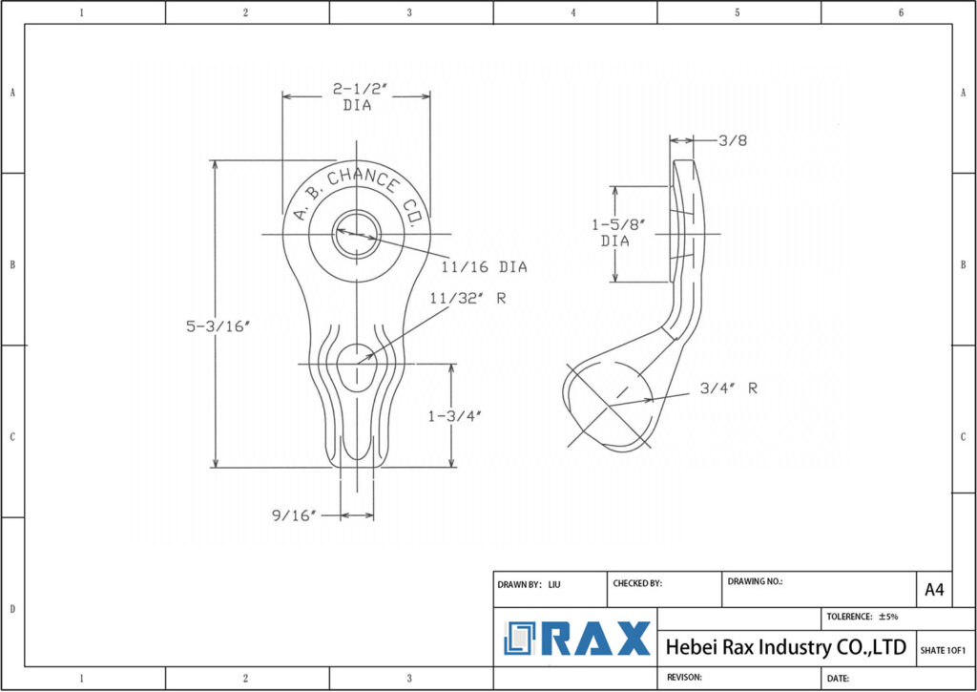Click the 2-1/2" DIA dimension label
[x=356, y=96]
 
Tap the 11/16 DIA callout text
[x=484, y=267]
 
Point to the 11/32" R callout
[x=468, y=299]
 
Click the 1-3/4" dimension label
[x=455, y=415]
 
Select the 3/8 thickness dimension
[x=732, y=140]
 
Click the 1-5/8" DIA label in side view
[x=618, y=233]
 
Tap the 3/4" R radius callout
[x=728, y=388]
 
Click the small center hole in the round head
[x=356, y=234]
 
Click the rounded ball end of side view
[x=609, y=406]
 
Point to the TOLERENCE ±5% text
[x=863, y=617]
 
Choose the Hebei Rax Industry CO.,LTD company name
[x=785, y=647]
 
